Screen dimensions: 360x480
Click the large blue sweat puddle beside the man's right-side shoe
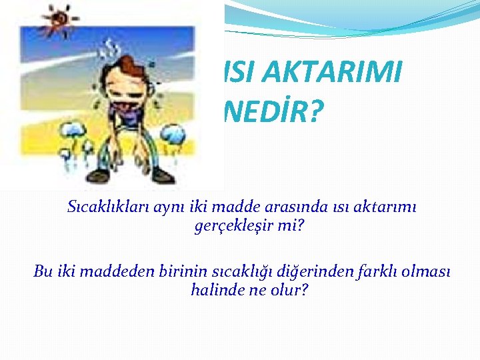pyautogui.click(x=173, y=135)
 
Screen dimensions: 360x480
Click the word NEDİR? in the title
pyautogui.click(x=271, y=112)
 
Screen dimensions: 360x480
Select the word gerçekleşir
pyautogui.click(x=231, y=227)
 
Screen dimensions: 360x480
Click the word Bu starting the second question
pyautogui.click(x=43, y=271)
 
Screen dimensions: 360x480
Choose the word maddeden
pyautogui.click(x=113, y=271)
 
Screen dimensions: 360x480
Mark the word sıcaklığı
pyautogui.click(x=224, y=271)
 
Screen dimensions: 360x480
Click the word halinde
pyautogui.click(x=214, y=291)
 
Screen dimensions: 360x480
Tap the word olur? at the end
pyautogui.click(x=287, y=291)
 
